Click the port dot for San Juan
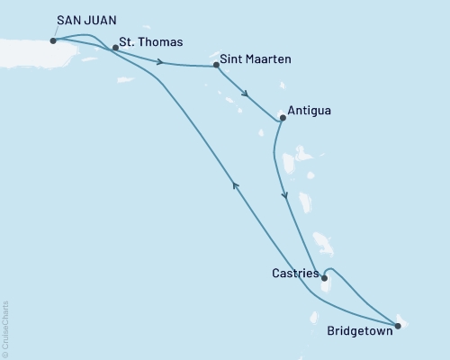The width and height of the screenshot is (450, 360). click(x=54, y=40)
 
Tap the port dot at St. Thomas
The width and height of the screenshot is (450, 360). click(x=115, y=48)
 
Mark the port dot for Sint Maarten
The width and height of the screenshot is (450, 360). click(x=216, y=66)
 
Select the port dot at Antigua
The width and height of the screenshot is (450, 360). click(x=283, y=117)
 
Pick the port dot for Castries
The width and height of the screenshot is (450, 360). click(x=324, y=278)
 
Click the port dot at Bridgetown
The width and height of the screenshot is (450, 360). click(x=398, y=326)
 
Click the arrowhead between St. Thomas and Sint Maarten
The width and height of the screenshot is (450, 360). click(x=160, y=62)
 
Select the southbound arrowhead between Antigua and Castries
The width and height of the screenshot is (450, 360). click(x=285, y=195)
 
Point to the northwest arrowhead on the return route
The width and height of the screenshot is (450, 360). click(x=236, y=184)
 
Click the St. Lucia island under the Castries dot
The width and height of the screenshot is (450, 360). click(x=327, y=286)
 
